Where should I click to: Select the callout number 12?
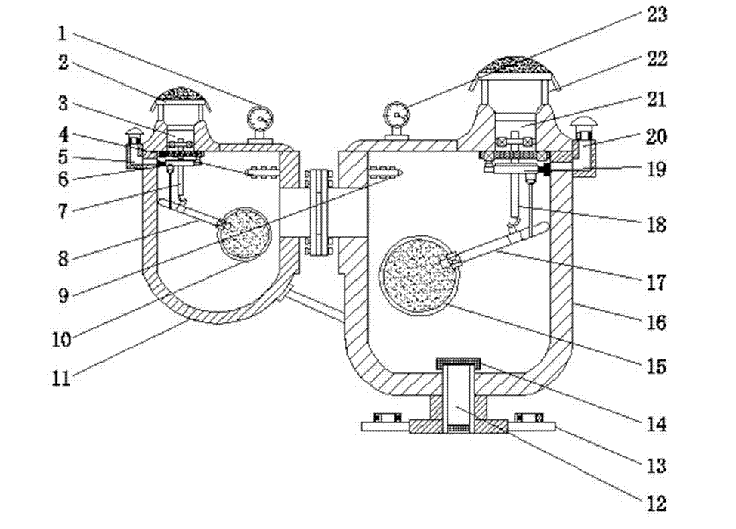656,503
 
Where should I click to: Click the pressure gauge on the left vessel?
261,120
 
